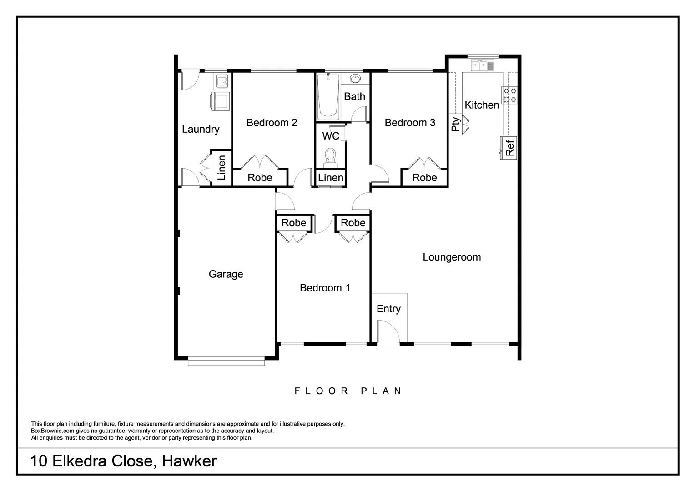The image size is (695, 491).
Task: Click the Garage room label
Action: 226,274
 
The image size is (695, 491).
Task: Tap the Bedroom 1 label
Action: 325,288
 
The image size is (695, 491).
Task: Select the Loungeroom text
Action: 452,257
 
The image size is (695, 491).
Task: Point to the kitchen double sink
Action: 483,66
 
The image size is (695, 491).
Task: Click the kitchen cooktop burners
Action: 510,95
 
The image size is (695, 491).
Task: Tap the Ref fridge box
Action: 509,148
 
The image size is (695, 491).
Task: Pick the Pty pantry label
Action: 455,124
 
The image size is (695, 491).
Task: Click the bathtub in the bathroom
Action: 328,96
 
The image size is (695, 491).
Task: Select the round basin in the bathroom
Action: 355,79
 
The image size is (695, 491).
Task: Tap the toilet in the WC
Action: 330,157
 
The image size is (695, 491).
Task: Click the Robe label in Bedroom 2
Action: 260,178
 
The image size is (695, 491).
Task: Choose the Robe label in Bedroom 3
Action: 424,178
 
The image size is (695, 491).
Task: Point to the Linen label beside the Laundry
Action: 221,168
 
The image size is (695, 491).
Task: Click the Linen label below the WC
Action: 331,178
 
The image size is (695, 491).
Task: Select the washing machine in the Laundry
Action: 220,101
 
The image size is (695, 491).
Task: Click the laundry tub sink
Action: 222,82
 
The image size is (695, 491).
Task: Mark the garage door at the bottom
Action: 226,362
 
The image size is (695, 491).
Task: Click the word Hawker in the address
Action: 189,461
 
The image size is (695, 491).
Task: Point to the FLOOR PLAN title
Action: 348,391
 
